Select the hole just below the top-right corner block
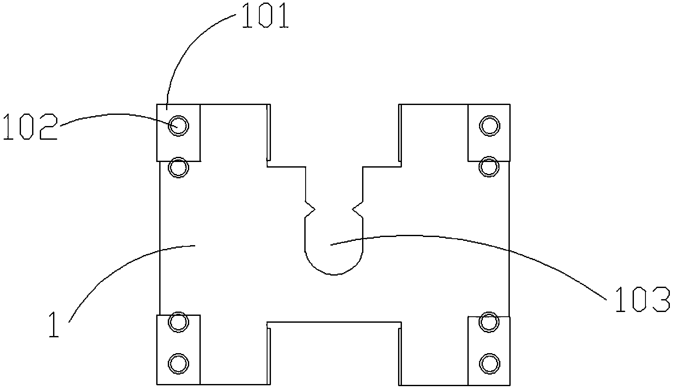click(x=489, y=166)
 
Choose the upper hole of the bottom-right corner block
click(x=489, y=322)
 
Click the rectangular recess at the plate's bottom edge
click(x=334, y=354)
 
